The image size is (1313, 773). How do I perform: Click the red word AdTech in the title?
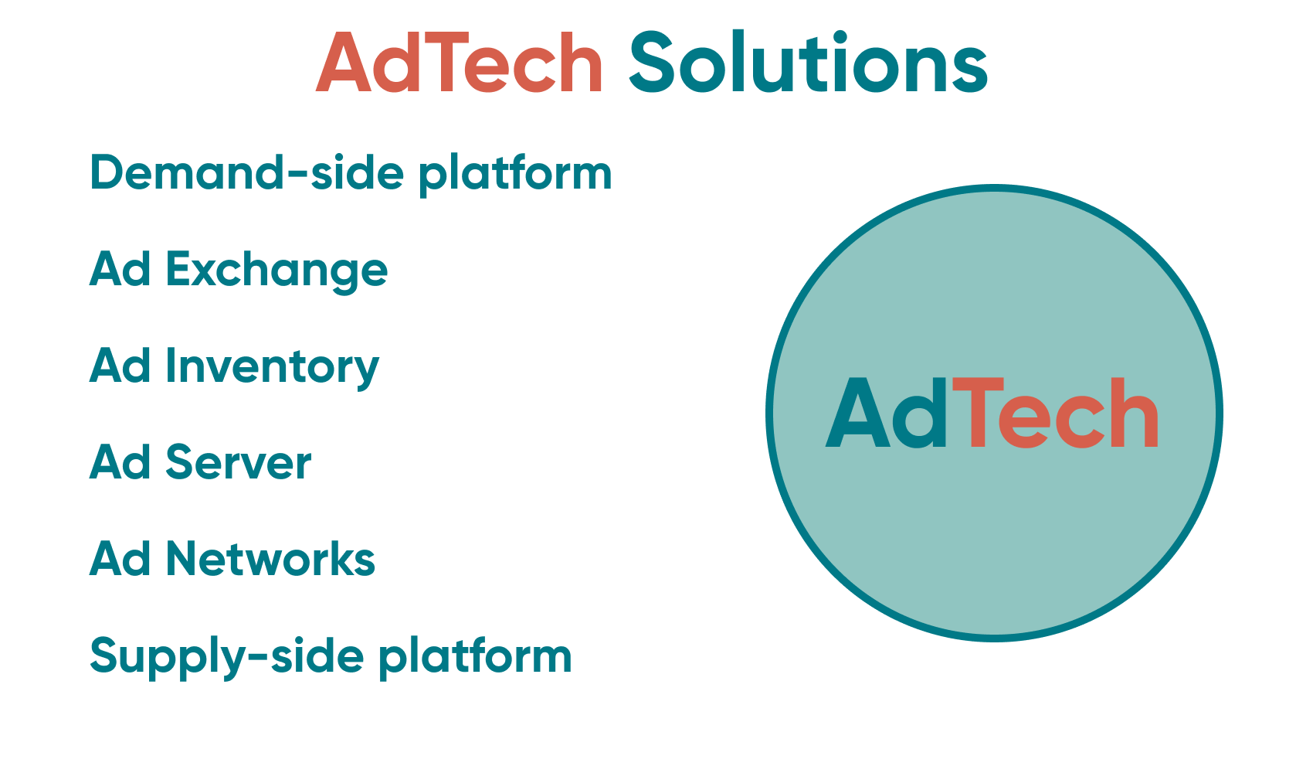point(460,63)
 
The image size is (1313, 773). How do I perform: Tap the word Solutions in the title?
point(809,63)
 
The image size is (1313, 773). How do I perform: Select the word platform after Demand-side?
point(515,174)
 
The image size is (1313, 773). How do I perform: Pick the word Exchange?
point(277,271)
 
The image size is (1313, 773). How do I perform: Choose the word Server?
point(239,462)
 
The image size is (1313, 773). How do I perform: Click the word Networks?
point(270,559)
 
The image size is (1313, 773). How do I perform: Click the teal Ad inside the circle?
point(887,414)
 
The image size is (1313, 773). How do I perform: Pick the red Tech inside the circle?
point(1055,414)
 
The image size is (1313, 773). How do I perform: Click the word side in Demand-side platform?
point(357,172)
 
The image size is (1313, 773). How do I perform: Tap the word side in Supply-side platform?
point(317,656)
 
